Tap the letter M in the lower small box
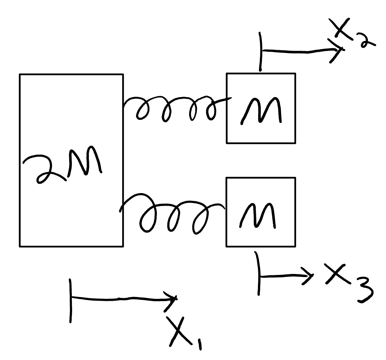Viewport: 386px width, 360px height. (x=258, y=215)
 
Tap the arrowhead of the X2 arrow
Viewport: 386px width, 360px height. (x=338, y=49)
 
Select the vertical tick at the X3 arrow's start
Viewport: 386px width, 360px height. (x=258, y=273)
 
